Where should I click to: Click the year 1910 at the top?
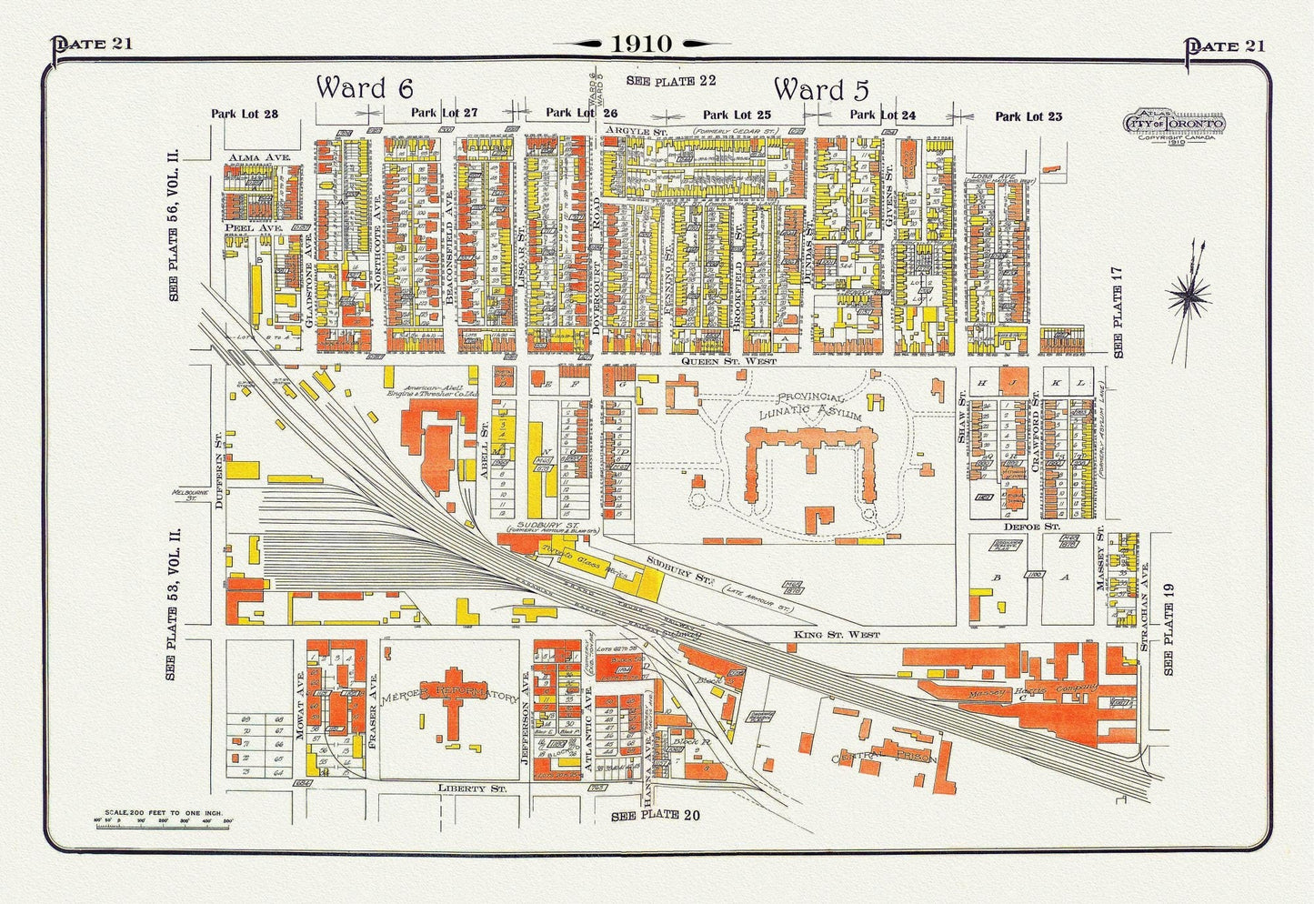pyautogui.click(x=641, y=44)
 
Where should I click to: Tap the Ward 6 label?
pyautogui.click(x=365, y=88)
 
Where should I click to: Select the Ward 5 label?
pyautogui.click(x=821, y=90)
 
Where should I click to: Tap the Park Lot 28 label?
pyautogui.click(x=244, y=115)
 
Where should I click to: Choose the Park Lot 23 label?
pyautogui.click(x=1028, y=116)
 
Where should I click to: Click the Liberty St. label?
pyautogui.click(x=471, y=788)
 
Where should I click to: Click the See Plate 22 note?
pyautogui.click(x=671, y=81)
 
